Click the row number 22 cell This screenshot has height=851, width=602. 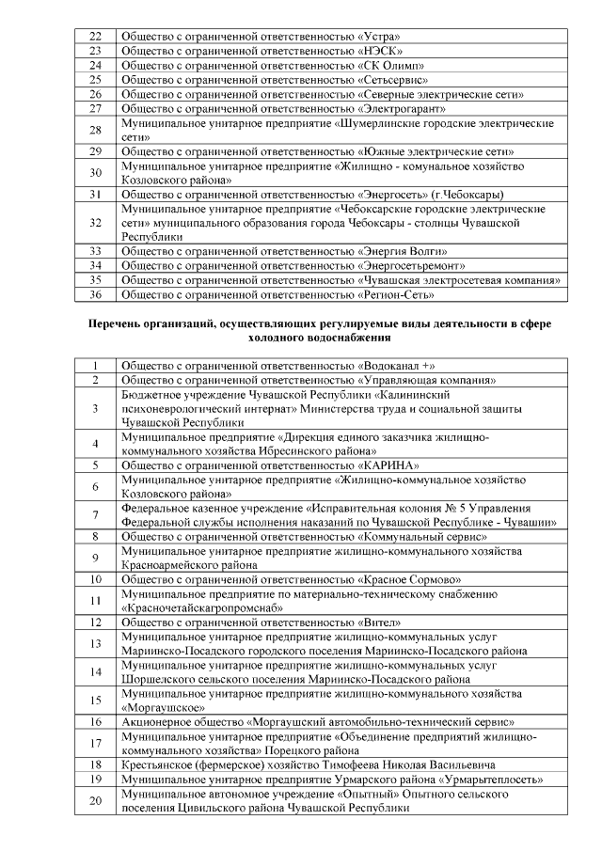(95, 35)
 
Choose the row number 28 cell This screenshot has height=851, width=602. (95, 130)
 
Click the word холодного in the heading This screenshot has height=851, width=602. (279, 337)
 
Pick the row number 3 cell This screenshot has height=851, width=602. (95, 409)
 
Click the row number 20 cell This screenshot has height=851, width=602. (95, 801)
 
